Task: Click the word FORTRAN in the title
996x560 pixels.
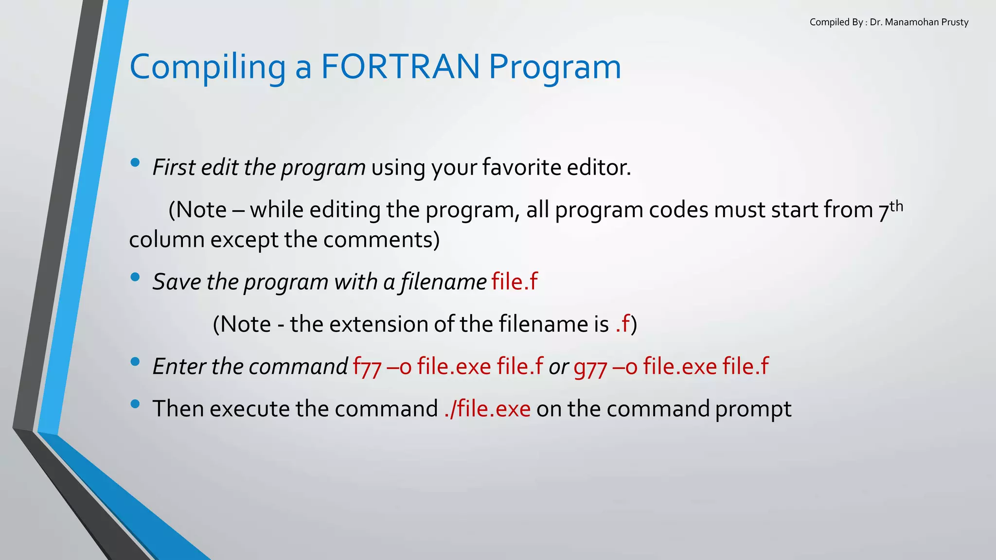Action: point(400,67)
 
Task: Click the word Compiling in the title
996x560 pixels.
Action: point(207,68)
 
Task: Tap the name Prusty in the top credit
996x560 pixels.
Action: point(955,22)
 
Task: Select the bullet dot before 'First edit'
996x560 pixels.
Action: point(135,163)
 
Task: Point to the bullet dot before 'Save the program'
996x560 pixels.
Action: point(135,277)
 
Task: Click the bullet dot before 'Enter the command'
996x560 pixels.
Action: point(135,362)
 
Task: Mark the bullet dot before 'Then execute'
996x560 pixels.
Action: point(135,404)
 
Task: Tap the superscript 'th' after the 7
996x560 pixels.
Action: point(896,207)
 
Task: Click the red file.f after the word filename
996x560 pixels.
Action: point(515,282)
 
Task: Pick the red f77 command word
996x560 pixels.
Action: point(367,367)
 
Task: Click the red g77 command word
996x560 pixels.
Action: point(590,367)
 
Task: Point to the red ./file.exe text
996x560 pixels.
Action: point(487,409)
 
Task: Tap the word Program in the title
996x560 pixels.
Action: point(554,68)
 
